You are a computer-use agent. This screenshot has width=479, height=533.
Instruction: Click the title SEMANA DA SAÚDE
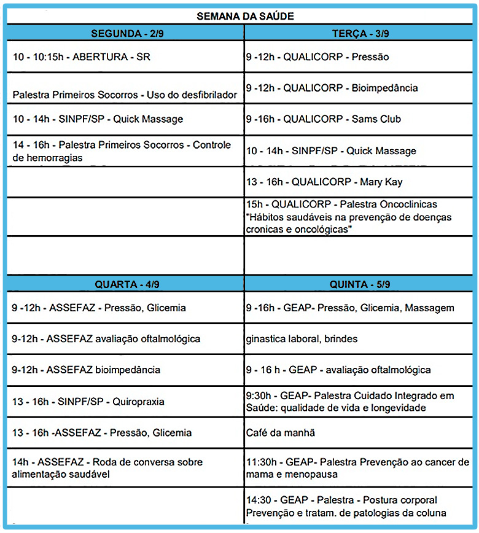tap(240, 16)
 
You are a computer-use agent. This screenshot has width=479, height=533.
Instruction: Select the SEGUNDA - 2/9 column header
tap(125, 33)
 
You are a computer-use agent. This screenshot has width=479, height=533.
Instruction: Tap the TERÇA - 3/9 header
tap(360, 33)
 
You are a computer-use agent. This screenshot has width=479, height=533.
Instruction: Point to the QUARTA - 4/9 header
tap(127, 284)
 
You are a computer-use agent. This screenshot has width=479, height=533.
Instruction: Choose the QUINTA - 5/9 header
tap(360, 284)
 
